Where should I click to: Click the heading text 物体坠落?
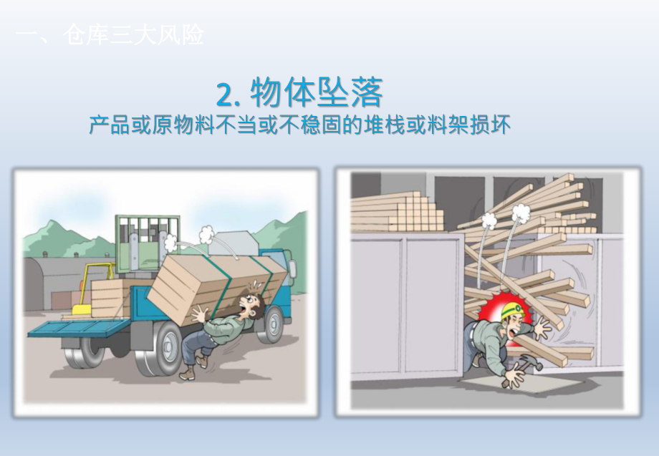[317, 92]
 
